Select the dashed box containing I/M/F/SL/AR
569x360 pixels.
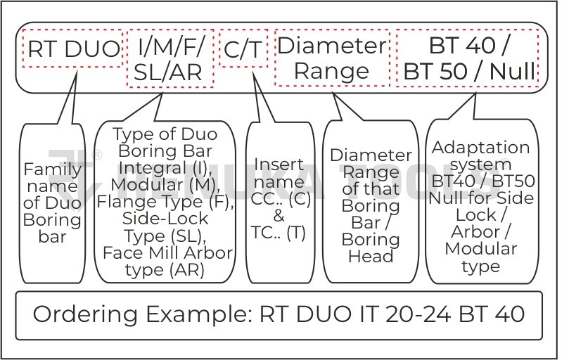coord(170,58)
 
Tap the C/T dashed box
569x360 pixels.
coord(243,49)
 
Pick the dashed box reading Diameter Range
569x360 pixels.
coord(332,58)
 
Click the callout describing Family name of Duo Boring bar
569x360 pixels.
coord(52,202)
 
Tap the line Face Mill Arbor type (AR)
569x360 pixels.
coord(167,261)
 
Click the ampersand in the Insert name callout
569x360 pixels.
coord(279,215)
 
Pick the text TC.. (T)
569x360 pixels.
coord(279,233)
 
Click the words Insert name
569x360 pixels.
coord(279,172)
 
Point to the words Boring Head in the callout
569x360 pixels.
coord(371,247)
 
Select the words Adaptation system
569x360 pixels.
coord(481,156)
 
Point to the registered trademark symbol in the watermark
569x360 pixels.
coord(98,154)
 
